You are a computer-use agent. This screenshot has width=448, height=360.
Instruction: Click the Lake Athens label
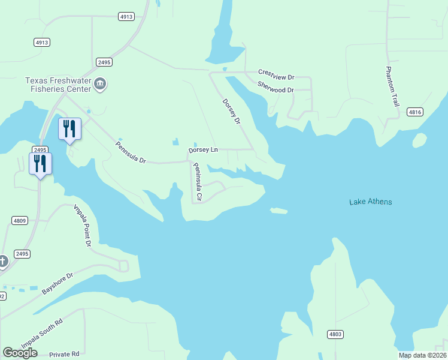tap(370, 202)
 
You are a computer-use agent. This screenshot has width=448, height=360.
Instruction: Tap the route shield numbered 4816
tap(414, 112)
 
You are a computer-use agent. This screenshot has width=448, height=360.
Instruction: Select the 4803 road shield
tap(335, 334)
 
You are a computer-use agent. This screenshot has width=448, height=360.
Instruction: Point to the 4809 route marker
tap(19, 221)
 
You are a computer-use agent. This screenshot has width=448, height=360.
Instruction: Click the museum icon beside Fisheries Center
tap(100, 85)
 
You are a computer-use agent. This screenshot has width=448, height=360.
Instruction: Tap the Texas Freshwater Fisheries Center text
tap(59, 85)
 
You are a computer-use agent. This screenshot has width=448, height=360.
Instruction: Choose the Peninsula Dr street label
tap(131, 152)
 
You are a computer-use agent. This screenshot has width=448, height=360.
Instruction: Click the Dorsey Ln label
tap(203, 149)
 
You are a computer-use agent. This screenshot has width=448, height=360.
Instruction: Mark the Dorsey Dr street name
tap(231, 112)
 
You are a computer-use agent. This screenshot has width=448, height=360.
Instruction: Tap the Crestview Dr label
tap(276, 74)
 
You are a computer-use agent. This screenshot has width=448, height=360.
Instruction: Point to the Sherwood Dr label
tap(276, 87)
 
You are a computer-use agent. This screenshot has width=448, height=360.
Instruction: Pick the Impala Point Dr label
tap(82, 226)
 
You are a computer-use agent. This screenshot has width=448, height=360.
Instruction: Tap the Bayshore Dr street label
tap(57, 284)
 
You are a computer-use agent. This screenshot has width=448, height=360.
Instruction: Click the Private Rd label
tap(64, 354)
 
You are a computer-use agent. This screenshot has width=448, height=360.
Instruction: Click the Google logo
tap(20, 353)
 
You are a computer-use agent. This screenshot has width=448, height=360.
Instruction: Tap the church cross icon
tap(3, 261)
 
